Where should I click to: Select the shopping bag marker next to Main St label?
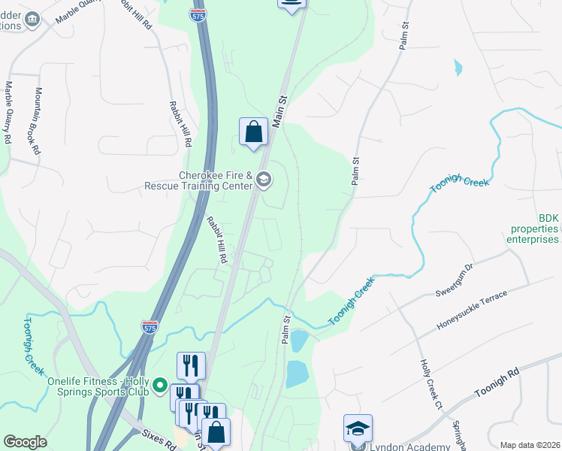(254, 132)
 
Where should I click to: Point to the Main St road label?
(282, 110)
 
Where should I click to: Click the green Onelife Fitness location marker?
(159, 386)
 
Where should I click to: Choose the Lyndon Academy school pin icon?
(358, 428)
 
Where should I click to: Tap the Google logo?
(25, 442)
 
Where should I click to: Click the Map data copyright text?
(530, 445)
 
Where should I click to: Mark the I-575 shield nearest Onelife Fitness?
(149, 326)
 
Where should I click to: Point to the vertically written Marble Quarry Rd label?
(8, 113)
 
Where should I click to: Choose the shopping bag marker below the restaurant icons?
(216, 433)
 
